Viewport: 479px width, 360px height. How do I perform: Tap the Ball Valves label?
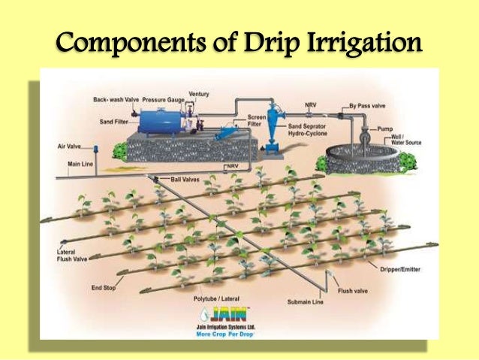(185, 180)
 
